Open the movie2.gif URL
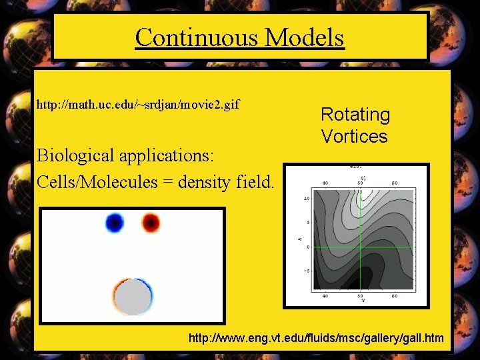pos(138,105)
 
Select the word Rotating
pos(355,115)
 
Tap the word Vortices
pos(354,136)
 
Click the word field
pos(256,181)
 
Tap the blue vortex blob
pos(115,222)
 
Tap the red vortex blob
pos(151,222)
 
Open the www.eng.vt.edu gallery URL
pos(316,338)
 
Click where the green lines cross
pos(361,247)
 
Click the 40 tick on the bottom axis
pos(325,295)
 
